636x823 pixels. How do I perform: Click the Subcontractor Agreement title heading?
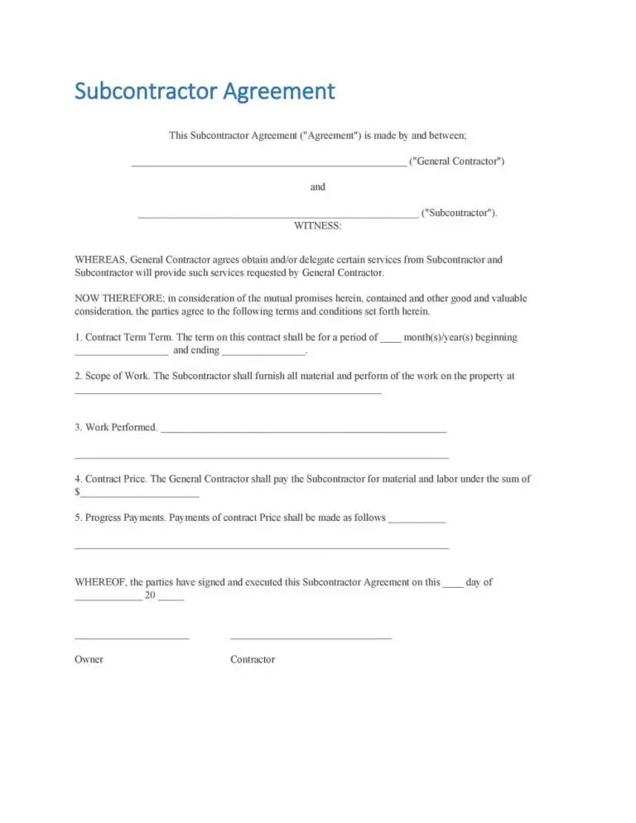point(205,90)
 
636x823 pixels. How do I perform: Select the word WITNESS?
point(318,225)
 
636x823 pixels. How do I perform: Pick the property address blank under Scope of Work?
point(228,392)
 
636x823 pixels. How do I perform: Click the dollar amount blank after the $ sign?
point(139,495)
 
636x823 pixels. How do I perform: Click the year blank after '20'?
point(171,599)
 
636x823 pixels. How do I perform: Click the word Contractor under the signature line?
point(253,660)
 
